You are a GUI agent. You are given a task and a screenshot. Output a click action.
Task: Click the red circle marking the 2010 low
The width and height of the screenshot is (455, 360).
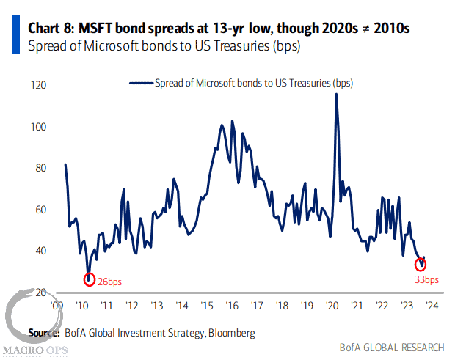click(90, 279)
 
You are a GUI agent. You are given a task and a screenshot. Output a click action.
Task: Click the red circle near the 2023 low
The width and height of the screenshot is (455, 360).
click(421, 265)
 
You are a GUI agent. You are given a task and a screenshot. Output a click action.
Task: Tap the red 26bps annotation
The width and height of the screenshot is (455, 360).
click(111, 280)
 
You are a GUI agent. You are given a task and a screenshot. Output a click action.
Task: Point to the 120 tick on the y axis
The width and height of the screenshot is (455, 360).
click(38, 86)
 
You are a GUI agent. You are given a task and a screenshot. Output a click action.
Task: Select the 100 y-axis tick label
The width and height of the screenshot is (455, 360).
click(38, 127)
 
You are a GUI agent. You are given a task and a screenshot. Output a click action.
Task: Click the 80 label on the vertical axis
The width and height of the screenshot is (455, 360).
click(40, 168)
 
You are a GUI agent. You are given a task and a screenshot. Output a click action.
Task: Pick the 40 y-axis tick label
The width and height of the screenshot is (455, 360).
click(40, 251)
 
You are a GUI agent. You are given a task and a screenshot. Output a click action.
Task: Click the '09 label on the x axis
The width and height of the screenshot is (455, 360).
click(55, 306)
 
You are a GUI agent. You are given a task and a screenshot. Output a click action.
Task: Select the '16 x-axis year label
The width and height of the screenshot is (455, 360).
click(232, 306)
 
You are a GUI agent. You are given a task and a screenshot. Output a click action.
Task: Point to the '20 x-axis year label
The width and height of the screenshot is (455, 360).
click(332, 306)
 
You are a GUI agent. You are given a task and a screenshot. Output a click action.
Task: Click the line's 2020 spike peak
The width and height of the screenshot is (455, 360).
click(336, 95)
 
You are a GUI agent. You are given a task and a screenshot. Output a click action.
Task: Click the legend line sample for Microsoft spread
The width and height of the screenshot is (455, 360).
click(140, 84)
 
